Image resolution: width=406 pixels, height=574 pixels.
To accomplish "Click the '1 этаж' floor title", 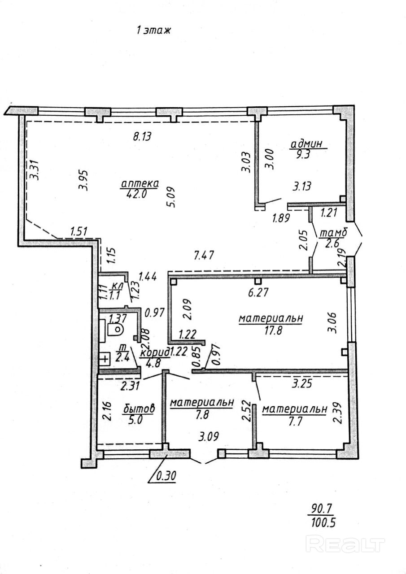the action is [153, 31].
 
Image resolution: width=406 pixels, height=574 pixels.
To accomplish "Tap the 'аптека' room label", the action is [140, 183].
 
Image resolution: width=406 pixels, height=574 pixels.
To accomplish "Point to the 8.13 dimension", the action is [143, 136].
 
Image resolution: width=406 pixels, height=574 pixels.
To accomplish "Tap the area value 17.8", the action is [272, 330].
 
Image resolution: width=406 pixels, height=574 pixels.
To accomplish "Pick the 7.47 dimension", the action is [204, 256].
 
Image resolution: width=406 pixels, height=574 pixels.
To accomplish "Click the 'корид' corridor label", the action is [155, 352].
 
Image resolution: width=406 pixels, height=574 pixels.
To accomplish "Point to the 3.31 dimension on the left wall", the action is [34, 170].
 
